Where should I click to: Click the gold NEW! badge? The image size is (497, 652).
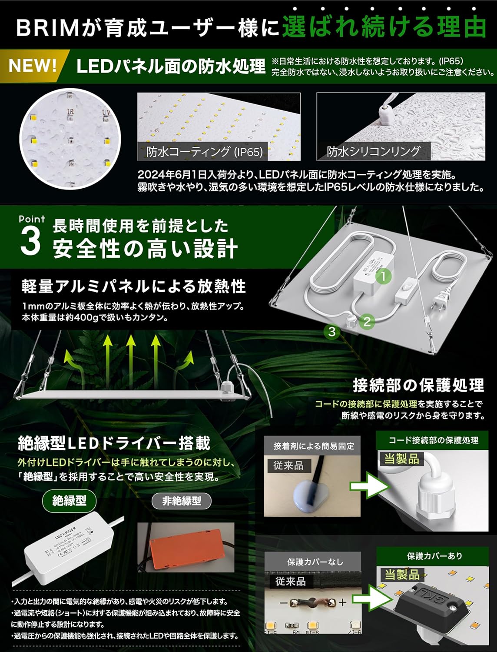coord(33,66)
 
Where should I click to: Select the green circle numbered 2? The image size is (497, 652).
coord(367,322)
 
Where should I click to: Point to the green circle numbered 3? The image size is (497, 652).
coord(332,332)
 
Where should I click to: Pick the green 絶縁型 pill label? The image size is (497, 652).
coord(70,501)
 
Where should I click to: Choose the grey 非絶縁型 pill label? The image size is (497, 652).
coord(181,501)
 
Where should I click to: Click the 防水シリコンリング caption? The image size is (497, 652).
coord(374,151)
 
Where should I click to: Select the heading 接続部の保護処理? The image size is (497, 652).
coord(418,385)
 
